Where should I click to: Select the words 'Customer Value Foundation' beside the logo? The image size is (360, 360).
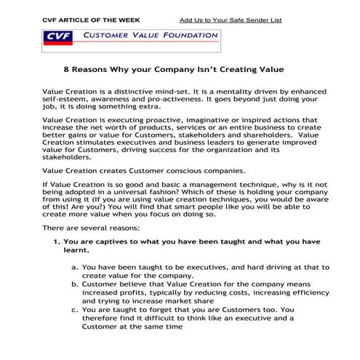(x=149, y=34)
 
